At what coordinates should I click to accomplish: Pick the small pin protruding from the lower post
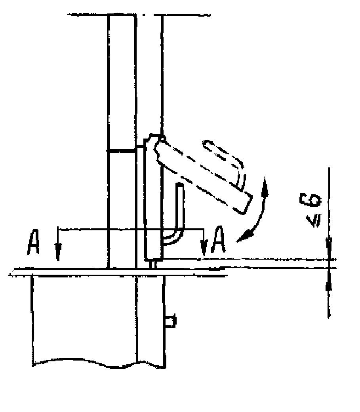[x=171, y=321]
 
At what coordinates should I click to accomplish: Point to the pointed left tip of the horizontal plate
[x=11, y=273]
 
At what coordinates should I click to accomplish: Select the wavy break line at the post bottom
[x=99, y=363]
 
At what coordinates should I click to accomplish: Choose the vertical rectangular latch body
[x=153, y=206]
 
